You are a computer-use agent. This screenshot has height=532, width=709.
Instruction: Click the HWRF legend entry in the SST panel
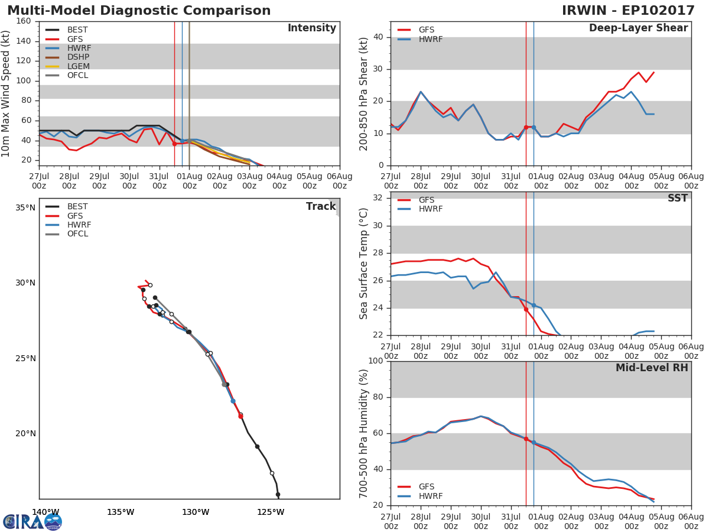click(x=430, y=209)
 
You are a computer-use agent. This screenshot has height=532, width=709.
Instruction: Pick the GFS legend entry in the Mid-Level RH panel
click(x=426, y=486)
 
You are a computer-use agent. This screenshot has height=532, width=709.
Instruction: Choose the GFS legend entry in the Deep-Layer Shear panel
click(x=426, y=30)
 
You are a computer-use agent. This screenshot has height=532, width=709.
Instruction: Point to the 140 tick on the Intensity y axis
click(x=24, y=41)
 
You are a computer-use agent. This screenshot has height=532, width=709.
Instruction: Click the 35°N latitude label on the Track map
click(x=25, y=207)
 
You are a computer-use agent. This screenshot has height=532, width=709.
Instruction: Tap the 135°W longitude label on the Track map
click(x=121, y=512)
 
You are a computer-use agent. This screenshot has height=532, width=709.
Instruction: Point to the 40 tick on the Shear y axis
click(x=379, y=37)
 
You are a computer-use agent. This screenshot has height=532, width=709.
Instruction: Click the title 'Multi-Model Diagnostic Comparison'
click(x=139, y=11)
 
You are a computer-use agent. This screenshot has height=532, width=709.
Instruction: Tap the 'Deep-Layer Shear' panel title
click(x=638, y=28)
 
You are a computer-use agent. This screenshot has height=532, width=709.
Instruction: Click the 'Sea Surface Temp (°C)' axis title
click(x=364, y=263)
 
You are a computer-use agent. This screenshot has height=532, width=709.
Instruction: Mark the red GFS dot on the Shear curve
click(x=526, y=127)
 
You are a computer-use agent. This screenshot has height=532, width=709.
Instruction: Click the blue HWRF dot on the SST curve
click(x=534, y=305)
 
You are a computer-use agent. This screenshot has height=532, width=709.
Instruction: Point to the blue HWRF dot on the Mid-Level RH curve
click(x=534, y=442)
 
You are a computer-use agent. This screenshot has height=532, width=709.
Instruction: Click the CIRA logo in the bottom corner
click(x=32, y=521)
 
